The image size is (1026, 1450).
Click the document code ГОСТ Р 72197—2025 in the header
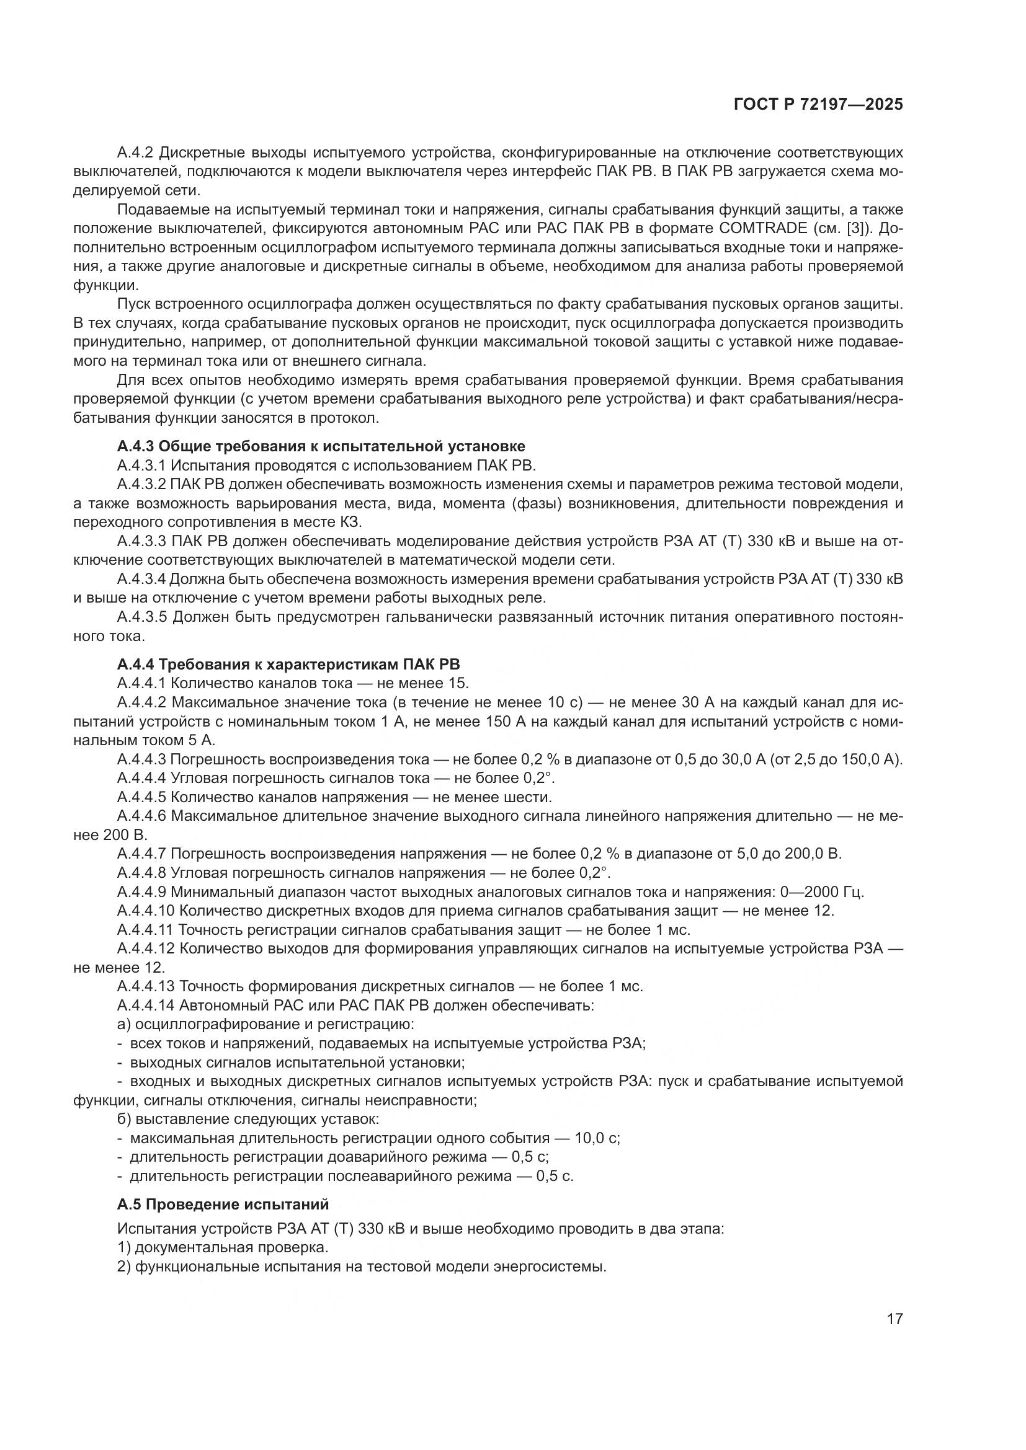click(818, 105)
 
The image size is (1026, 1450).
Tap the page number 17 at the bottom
click(894, 1319)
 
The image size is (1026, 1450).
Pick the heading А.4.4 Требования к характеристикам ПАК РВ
click(288, 665)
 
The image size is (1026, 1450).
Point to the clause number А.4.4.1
click(141, 683)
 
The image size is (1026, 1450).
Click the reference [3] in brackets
click(862, 228)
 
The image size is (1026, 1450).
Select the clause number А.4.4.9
click(141, 891)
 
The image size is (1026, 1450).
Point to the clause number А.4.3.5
click(142, 617)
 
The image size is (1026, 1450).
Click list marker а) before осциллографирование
click(124, 1024)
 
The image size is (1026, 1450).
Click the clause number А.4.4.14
click(145, 1006)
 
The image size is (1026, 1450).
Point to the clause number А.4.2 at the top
click(135, 153)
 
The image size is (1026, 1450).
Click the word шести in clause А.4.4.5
click(527, 797)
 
